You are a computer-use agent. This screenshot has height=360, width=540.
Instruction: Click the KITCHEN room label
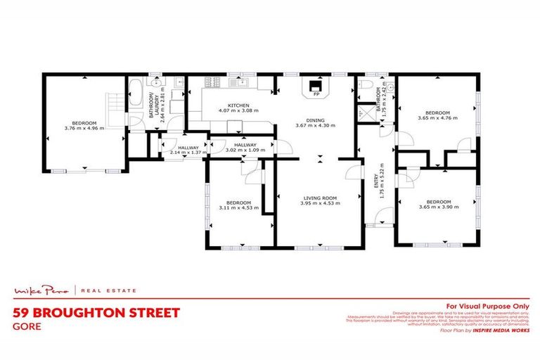[229, 105]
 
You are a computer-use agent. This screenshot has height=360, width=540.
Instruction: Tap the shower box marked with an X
[366, 112]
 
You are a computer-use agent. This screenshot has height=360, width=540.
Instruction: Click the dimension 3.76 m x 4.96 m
[84, 128]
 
